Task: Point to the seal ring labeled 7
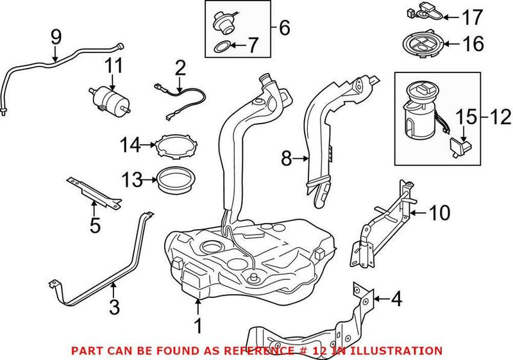pos(221,46)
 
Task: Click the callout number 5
pos(94,225)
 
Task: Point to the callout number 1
pos(198,326)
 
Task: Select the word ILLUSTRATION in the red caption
pos(403,350)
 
